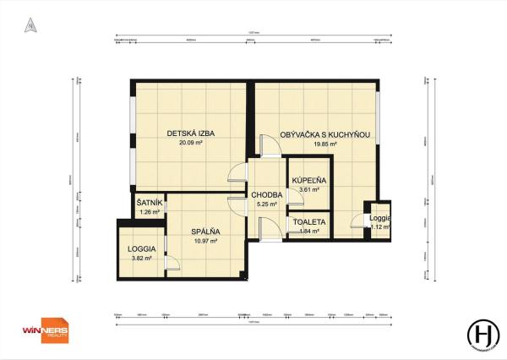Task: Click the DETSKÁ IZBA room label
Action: pyautogui.click(x=187, y=134)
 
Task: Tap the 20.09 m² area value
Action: pyautogui.click(x=187, y=143)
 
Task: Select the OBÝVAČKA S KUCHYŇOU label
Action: pyautogui.click(x=325, y=135)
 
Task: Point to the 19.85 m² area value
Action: pyautogui.click(x=325, y=145)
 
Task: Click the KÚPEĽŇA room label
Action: pyautogui.click(x=309, y=181)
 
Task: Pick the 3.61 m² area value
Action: pyautogui.click(x=309, y=190)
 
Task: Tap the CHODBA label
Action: pyautogui.click(x=267, y=195)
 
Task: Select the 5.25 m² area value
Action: pyautogui.click(x=267, y=205)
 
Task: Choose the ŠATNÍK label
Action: pyautogui.click(x=150, y=203)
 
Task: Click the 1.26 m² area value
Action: pyautogui.click(x=150, y=212)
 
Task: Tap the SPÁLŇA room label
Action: pyautogui.click(x=205, y=232)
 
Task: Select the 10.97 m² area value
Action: pyautogui.click(x=205, y=241)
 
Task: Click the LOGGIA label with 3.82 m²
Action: pyautogui.click(x=141, y=249)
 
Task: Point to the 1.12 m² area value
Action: pyautogui.click(x=379, y=227)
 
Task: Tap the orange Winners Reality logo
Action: pyautogui.click(x=45, y=332)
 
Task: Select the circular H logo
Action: pyautogui.click(x=484, y=332)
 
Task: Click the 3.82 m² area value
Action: pyautogui.click(x=141, y=259)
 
